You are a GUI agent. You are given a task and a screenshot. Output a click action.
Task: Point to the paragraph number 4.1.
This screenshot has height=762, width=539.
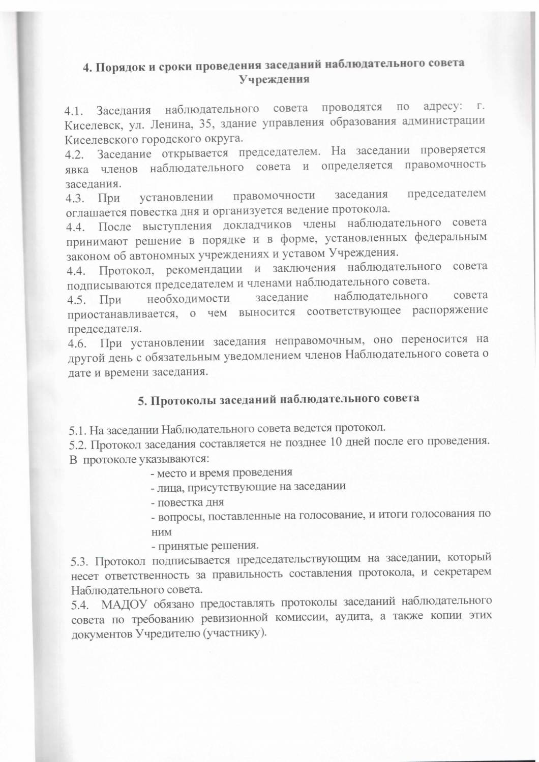click(75, 110)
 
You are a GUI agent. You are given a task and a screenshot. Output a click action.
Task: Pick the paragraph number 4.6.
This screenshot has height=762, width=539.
click(78, 343)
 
